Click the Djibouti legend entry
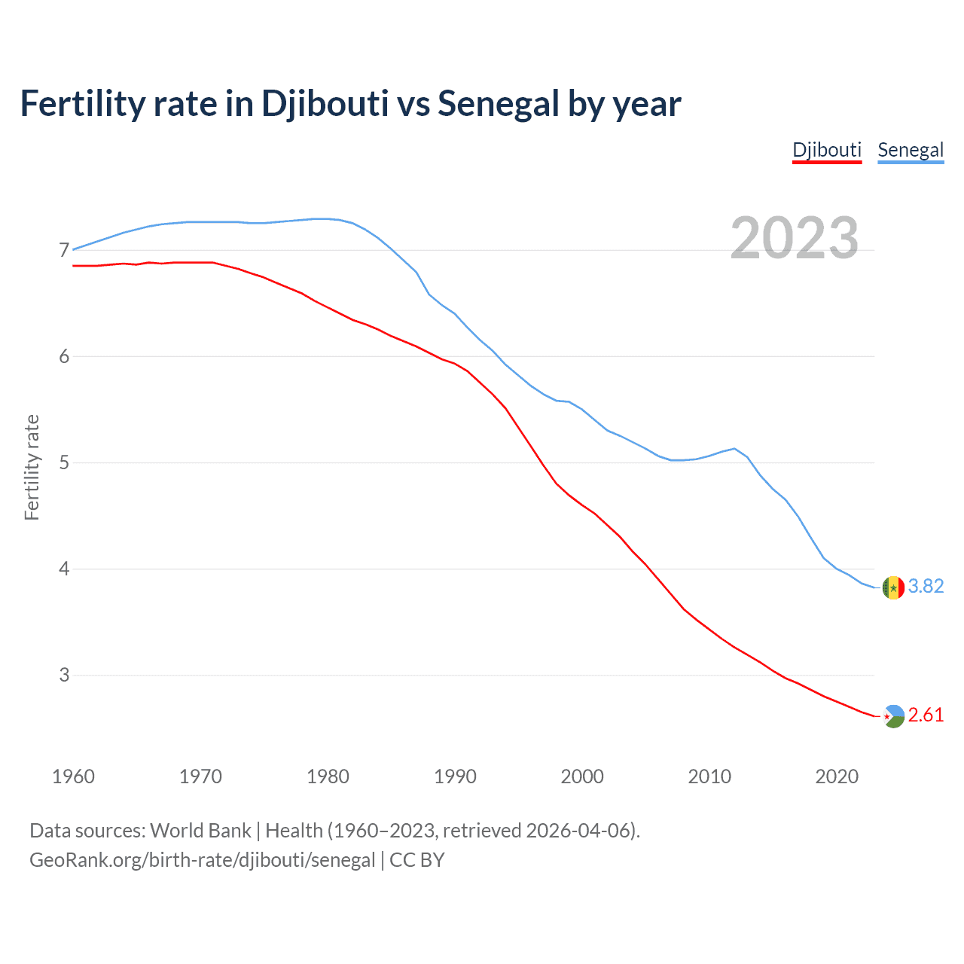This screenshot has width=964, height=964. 826,150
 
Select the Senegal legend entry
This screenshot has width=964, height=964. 911,150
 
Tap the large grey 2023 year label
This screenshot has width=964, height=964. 795,238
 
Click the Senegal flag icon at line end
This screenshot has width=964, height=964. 893,587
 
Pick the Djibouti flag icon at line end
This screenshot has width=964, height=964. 893,715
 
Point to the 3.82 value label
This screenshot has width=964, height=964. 926,587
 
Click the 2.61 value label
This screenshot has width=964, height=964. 926,715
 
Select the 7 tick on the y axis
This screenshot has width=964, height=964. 64,250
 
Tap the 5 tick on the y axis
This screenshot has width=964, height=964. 64,462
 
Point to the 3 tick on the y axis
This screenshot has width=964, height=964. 64,675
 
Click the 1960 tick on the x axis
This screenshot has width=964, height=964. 73,776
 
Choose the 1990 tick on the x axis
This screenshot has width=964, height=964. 455,776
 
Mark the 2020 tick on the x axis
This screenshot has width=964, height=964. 837,776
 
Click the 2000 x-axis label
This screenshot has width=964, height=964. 582,776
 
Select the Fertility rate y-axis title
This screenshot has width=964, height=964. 32,467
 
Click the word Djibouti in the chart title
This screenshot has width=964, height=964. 325,104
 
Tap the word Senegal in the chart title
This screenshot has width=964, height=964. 499,104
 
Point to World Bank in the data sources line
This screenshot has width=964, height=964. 200,831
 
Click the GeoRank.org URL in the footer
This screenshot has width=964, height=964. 202,860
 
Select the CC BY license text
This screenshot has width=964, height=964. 417,860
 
